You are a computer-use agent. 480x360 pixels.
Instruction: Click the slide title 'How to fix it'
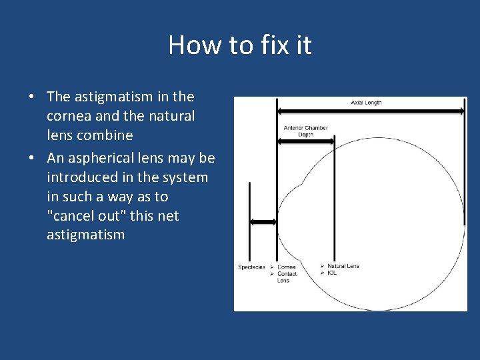240,45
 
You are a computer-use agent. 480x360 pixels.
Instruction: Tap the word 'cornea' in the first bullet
69,116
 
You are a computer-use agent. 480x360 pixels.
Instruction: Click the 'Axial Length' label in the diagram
366,103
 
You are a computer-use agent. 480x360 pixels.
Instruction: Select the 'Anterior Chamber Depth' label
305,131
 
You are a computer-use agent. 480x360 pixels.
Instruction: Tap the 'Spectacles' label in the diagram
251,267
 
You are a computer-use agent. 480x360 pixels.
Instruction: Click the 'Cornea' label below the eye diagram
286,267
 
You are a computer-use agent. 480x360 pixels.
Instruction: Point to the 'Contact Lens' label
286,277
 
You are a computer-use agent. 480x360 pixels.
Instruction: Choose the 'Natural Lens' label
343,266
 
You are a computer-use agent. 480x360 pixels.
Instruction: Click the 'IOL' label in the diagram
331,273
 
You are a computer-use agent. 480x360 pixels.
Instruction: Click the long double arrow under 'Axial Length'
371,111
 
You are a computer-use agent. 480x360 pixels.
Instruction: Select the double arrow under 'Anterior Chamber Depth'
305,141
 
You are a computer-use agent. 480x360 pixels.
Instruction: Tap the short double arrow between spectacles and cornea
263,222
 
